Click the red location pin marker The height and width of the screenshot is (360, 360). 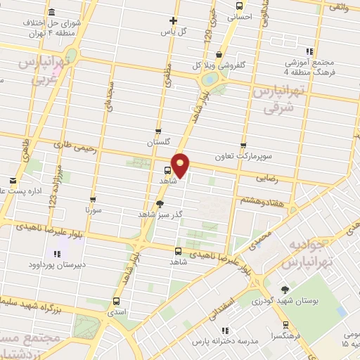tap(181, 165)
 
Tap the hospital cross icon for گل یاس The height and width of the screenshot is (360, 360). tap(174, 20)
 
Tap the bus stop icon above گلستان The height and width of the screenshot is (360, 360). tap(158, 130)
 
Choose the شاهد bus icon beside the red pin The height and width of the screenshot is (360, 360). tap(167, 169)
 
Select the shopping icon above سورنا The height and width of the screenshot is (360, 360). tap(89, 199)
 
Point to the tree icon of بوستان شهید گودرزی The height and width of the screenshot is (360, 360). tap(284, 290)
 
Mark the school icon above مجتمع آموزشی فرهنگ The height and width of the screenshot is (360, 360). tap(309, 51)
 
